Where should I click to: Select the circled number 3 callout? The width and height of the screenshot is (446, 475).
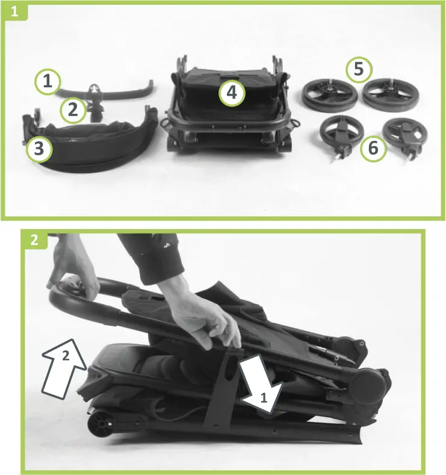click(x=39, y=149)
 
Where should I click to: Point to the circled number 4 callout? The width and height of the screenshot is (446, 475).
click(x=231, y=93)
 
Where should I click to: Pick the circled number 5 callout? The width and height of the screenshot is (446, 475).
click(x=359, y=70)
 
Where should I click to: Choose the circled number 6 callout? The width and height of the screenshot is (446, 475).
click(x=374, y=148)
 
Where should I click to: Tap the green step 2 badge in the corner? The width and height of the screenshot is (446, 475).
click(x=34, y=240)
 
